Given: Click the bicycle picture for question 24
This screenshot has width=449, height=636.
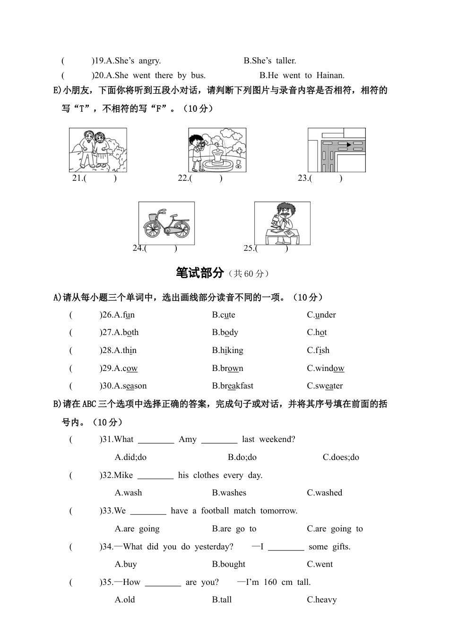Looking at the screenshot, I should click(166, 223).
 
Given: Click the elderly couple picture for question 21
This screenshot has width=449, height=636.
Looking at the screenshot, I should click(98, 150).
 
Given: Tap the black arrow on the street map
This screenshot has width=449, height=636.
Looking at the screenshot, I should click(349, 144).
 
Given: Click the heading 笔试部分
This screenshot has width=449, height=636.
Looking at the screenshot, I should click(199, 273).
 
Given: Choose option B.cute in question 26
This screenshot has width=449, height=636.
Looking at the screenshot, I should click(224, 315).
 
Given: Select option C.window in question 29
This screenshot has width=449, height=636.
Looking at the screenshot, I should click(326, 369).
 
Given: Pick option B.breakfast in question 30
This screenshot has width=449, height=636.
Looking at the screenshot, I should click(233, 386).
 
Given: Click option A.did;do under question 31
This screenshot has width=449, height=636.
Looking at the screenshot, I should click(130, 458).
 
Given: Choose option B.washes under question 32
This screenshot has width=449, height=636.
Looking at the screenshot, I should click(229, 493).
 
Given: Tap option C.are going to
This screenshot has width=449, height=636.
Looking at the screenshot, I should click(335, 529).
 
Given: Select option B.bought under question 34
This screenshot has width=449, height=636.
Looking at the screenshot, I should click(229, 565).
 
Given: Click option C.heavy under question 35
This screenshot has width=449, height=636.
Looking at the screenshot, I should click(322, 600).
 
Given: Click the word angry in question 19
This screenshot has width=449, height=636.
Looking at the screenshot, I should click(150, 61).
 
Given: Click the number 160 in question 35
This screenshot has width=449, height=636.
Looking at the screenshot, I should click(270, 583).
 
